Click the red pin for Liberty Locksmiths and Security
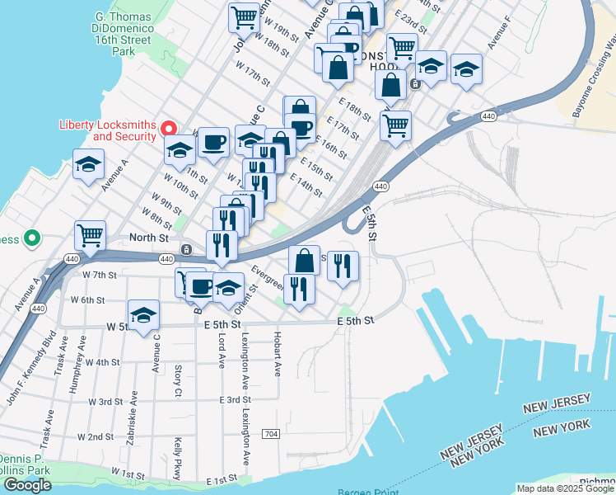[169, 128]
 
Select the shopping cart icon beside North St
[91, 234]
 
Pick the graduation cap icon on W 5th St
[143, 314]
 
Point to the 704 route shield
[270, 434]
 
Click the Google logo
[26, 485]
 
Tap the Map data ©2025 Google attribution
[564, 488]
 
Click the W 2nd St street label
[95, 436]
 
